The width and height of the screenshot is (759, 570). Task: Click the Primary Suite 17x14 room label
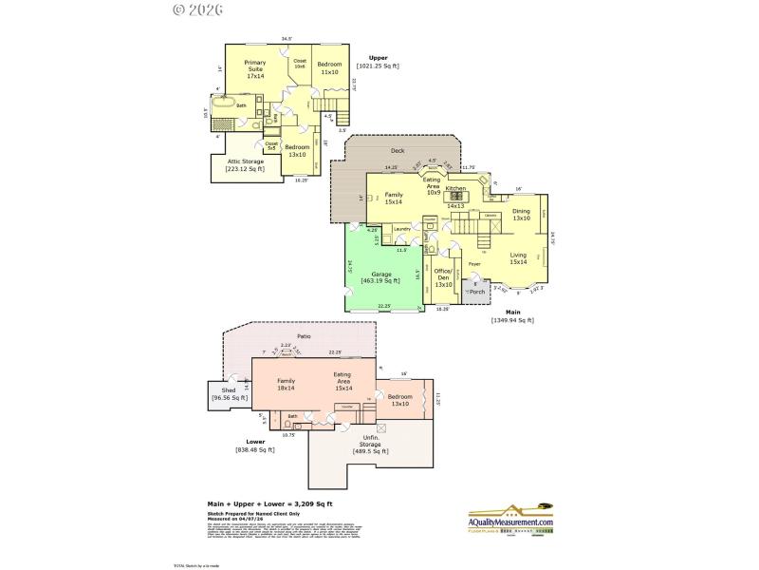point(255,71)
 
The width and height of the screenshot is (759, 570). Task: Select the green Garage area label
point(381,277)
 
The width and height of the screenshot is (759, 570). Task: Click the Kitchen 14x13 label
point(455,197)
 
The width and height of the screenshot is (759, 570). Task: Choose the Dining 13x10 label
point(521,215)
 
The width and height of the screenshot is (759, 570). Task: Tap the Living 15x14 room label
point(518,258)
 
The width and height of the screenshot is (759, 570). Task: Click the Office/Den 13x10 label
point(443,275)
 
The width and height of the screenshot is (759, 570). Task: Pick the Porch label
point(476,292)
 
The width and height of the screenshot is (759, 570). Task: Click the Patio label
point(304,336)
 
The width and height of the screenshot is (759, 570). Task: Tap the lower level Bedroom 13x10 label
point(399,400)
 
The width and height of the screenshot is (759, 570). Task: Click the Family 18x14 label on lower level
point(286,384)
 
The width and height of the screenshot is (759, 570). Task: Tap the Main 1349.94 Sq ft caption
point(512,317)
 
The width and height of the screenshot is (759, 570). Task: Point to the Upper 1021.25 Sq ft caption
point(378,63)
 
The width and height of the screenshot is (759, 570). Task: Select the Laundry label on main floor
point(400,229)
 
